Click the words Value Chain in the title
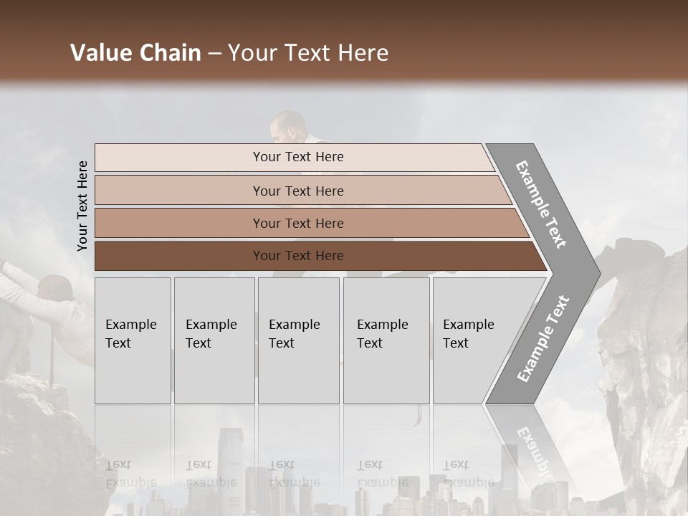point(135,53)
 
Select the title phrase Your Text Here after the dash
point(308,53)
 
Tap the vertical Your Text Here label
point(82,206)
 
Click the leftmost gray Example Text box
point(133,340)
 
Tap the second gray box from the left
point(214,340)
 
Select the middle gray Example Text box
point(298,340)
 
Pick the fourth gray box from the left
point(386,340)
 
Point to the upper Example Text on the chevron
point(541,204)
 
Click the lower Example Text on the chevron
point(543,338)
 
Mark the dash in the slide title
point(214,54)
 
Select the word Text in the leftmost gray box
point(118,343)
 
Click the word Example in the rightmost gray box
point(468,325)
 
